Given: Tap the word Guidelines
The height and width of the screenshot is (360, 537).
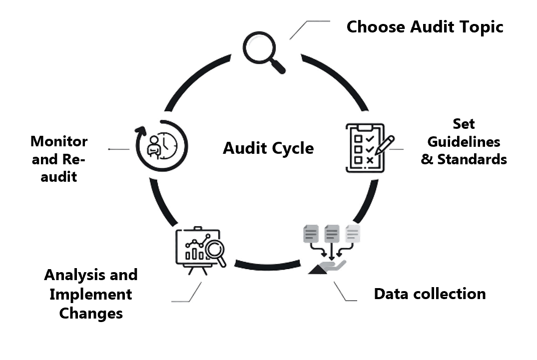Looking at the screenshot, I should (464, 142).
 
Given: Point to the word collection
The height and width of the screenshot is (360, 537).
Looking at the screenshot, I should (450, 294).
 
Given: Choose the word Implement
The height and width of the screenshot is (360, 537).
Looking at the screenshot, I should (90, 294).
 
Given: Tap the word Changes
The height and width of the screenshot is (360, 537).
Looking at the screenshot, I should (90, 313).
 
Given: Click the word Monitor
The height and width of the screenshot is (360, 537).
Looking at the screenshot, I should (59, 141).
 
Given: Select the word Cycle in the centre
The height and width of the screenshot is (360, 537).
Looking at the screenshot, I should (292, 148).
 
